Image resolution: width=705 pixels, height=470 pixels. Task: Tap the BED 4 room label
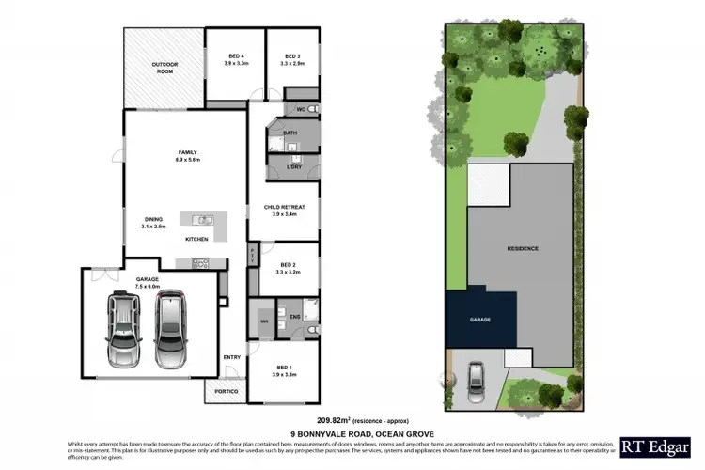coord(236,57)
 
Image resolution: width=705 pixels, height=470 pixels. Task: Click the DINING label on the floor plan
coord(154,222)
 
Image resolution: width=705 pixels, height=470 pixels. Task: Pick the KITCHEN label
coord(196,240)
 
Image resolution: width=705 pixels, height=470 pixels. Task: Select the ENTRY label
coord(231,356)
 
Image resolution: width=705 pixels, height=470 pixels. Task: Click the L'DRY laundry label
coord(293,166)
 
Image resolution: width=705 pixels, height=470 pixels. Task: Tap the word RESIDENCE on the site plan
coord(523,248)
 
